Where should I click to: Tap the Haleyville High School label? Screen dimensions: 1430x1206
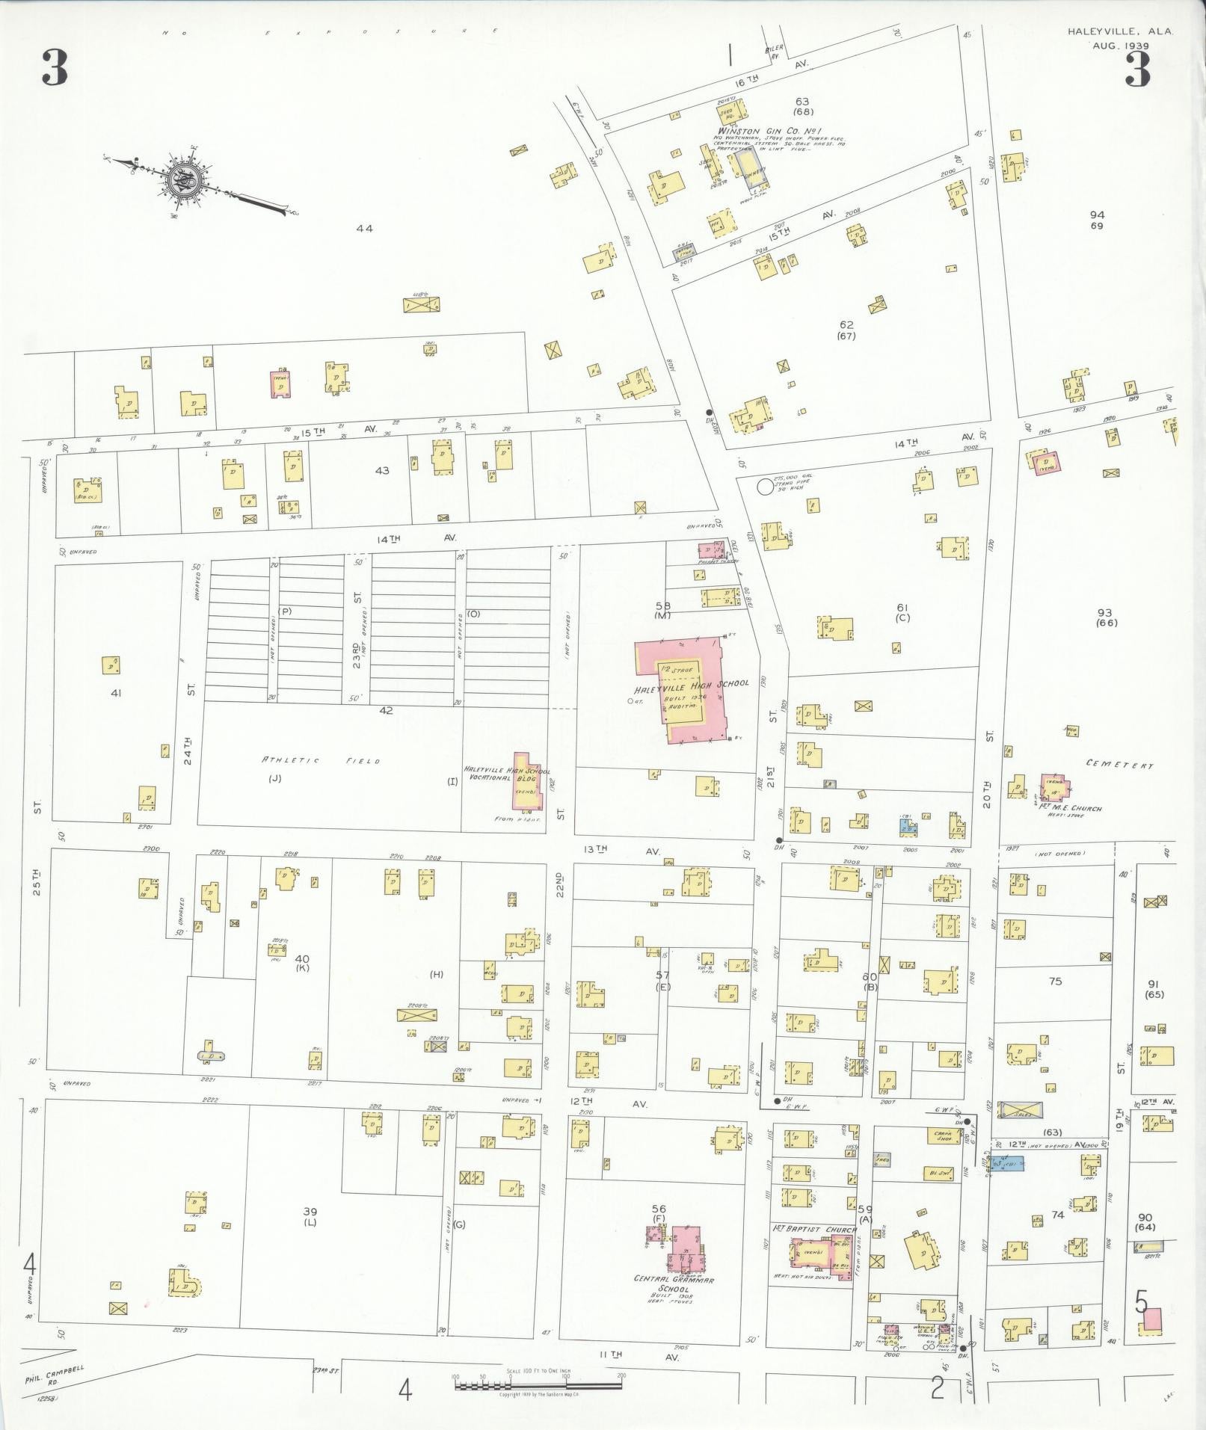pos(691,682)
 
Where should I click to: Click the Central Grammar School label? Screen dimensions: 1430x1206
pos(674,1279)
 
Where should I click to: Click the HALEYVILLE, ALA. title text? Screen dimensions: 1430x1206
pos(1119,31)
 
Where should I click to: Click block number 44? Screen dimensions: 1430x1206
pos(364,229)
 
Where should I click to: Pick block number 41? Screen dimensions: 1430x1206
pos(116,693)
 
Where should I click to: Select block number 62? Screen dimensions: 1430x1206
pos(846,324)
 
